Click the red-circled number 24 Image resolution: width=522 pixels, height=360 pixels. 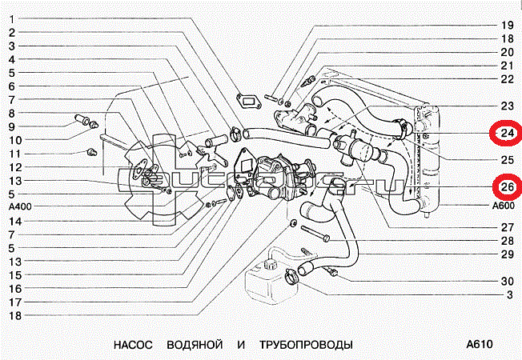pyautogui.click(x=506, y=133)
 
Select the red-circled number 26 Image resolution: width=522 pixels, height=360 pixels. pyautogui.click(x=506, y=188)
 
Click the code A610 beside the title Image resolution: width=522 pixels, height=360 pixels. pyautogui.click(x=477, y=345)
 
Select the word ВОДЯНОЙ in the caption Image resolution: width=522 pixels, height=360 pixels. pyautogui.click(x=192, y=345)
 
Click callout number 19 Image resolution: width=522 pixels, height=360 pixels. pyautogui.click(x=506, y=24)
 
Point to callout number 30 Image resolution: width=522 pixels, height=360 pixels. pyautogui.click(x=506, y=281)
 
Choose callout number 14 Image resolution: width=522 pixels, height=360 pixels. pyautogui.click(x=13, y=221)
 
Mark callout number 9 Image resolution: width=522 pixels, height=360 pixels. pyautogui.click(x=13, y=126)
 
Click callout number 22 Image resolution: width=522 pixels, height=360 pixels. pyautogui.click(x=506, y=78)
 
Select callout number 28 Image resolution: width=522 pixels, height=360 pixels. pyautogui.click(x=506, y=240)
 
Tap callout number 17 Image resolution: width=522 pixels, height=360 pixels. pyautogui.click(x=13, y=302)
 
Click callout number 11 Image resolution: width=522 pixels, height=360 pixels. pyautogui.click(x=13, y=154)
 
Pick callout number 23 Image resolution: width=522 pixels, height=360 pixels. pyautogui.click(x=506, y=106)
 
